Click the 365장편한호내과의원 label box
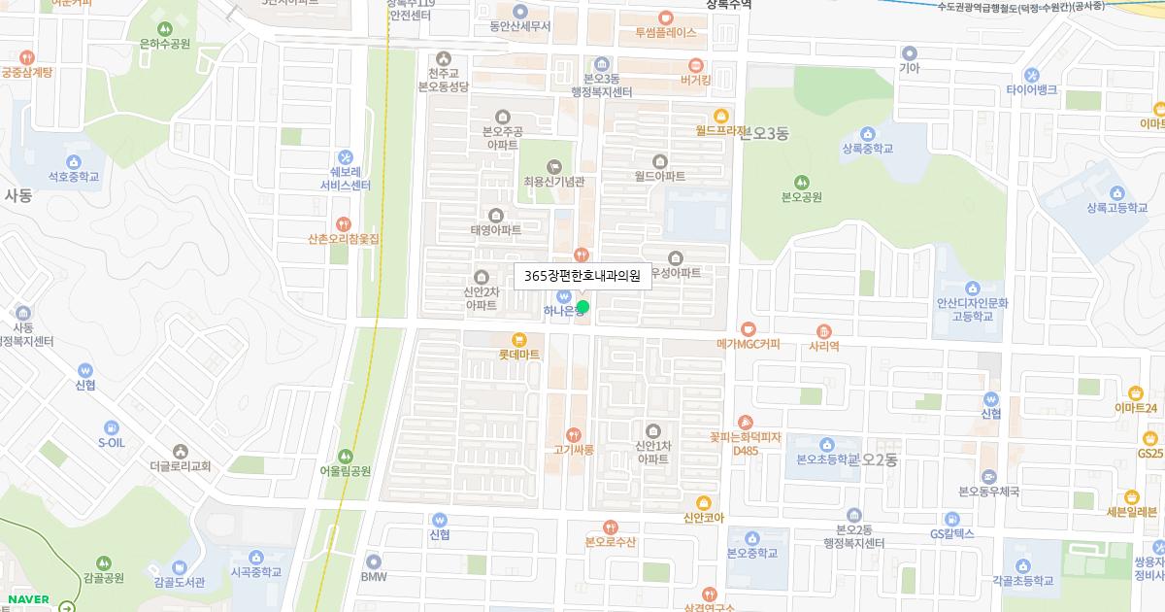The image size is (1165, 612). click(x=582, y=276)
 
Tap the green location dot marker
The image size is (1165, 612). click(x=582, y=307)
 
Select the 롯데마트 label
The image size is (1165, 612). click(x=518, y=355)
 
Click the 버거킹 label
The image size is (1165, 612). click(x=696, y=80)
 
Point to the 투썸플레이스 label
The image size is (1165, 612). click(x=666, y=31)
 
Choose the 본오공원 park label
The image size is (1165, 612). click(x=802, y=196)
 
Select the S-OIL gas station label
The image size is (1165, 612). click(x=112, y=442)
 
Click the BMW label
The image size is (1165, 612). click(x=374, y=576)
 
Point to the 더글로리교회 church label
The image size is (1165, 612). click(x=181, y=465)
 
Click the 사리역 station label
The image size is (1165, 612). click(x=823, y=345)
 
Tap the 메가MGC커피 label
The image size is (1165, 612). click(x=748, y=344)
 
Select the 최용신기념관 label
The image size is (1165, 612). click(x=553, y=181)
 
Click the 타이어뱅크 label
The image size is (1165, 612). click(x=1031, y=89)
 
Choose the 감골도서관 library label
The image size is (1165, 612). click(x=179, y=582)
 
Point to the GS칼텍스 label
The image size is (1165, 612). click(x=951, y=533)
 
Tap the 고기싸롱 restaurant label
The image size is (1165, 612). click(x=573, y=450)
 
